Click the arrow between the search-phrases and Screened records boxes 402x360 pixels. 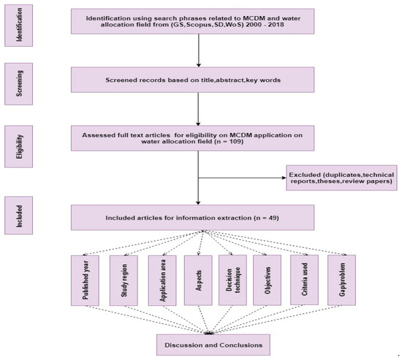tap(198, 51)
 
